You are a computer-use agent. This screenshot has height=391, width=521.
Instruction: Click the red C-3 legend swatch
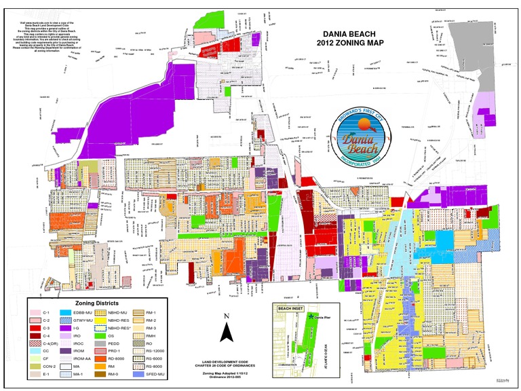pyautogui.click(x=35, y=328)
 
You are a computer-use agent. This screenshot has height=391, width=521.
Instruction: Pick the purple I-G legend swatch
pyautogui.click(x=66, y=328)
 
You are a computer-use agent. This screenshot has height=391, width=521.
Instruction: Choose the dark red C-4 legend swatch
pyautogui.click(x=35, y=336)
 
